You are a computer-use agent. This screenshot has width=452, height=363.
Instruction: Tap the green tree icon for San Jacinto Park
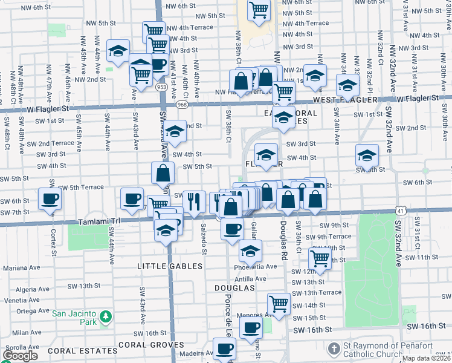click(106, 316)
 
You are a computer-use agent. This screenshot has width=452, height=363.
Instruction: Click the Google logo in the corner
click(20, 356)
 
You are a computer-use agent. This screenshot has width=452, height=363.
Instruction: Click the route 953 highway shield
click(161, 87)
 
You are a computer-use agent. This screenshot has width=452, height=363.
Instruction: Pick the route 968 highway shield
click(182, 105)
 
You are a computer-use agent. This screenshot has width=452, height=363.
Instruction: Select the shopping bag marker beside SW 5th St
click(163, 174)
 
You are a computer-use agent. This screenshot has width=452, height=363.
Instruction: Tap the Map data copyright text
click(427, 358)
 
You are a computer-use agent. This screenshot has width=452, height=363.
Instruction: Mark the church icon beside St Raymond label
click(334, 350)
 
